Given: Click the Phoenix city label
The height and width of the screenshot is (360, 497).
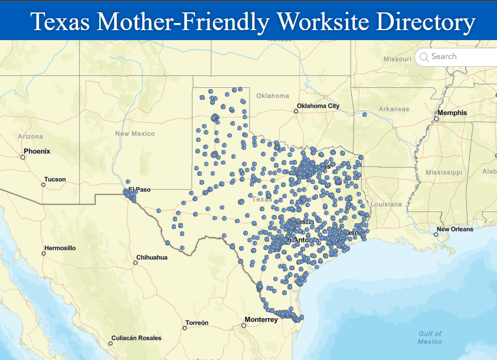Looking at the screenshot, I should (37, 151).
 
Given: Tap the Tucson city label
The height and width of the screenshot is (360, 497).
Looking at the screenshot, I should (55, 179).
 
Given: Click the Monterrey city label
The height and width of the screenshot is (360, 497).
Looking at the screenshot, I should (260, 319).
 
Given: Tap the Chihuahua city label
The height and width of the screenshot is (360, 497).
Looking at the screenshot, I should (152, 257).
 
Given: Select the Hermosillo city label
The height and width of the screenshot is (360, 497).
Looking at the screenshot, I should (60, 248).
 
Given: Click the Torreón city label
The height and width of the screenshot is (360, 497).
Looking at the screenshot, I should (197, 323).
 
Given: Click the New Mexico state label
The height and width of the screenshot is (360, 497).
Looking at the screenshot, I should (135, 133).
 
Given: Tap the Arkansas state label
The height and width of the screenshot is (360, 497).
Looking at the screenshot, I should (394, 109).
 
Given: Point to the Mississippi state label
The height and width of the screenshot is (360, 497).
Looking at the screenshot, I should (443, 172).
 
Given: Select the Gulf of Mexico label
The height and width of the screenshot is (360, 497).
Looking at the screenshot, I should (430, 338).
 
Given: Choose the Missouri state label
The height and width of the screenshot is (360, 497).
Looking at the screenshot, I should (397, 59).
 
